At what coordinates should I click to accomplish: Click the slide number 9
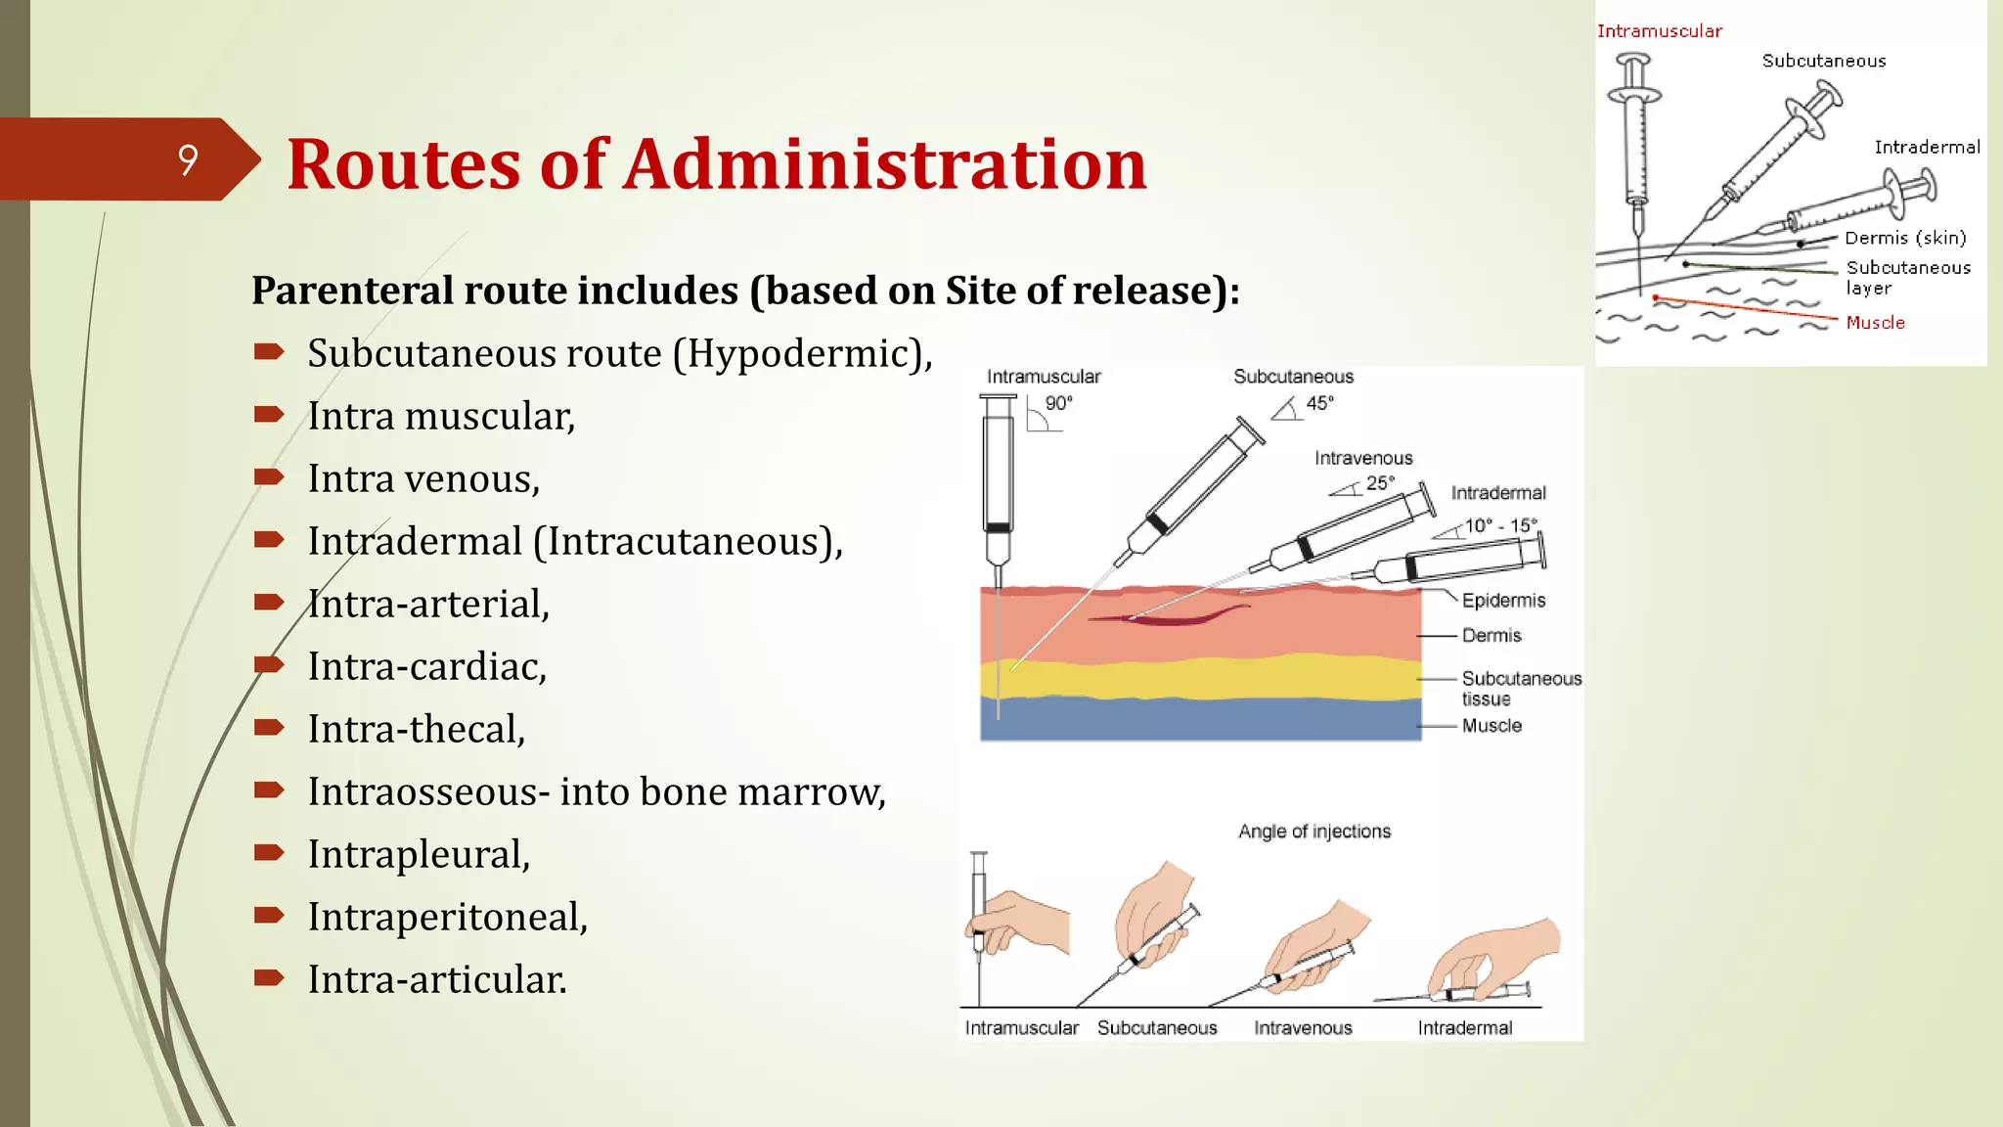pyautogui.click(x=188, y=159)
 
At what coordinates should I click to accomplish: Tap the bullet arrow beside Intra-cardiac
pyautogui.click(x=268, y=665)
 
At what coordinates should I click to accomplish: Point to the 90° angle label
pyautogui.click(x=1058, y=403)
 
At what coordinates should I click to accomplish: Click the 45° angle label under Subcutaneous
pyautogui.click(x=1319, y=403)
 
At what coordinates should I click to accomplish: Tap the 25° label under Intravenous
pyautogui.click(x=1380, y=483)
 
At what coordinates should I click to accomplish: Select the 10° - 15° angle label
pyautogui.click(x=1500, y=526)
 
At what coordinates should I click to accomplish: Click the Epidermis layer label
pyautogui.click(x=1503, y=601)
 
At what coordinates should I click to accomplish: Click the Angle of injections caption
pyautogui.click(x=1313, y=832)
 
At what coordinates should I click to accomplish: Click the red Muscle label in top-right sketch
pyautogui.click(x=1875, y=323)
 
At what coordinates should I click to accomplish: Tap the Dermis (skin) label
pyautogui.click(x=1904, y=238)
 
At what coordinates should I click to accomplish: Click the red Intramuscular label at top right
pyautogui.click(x=1659, y=31)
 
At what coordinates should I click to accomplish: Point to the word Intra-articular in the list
pyautogui.click(x=436, y=979)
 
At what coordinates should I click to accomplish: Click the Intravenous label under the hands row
pyautogui.click(x=1303, y=1028)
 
